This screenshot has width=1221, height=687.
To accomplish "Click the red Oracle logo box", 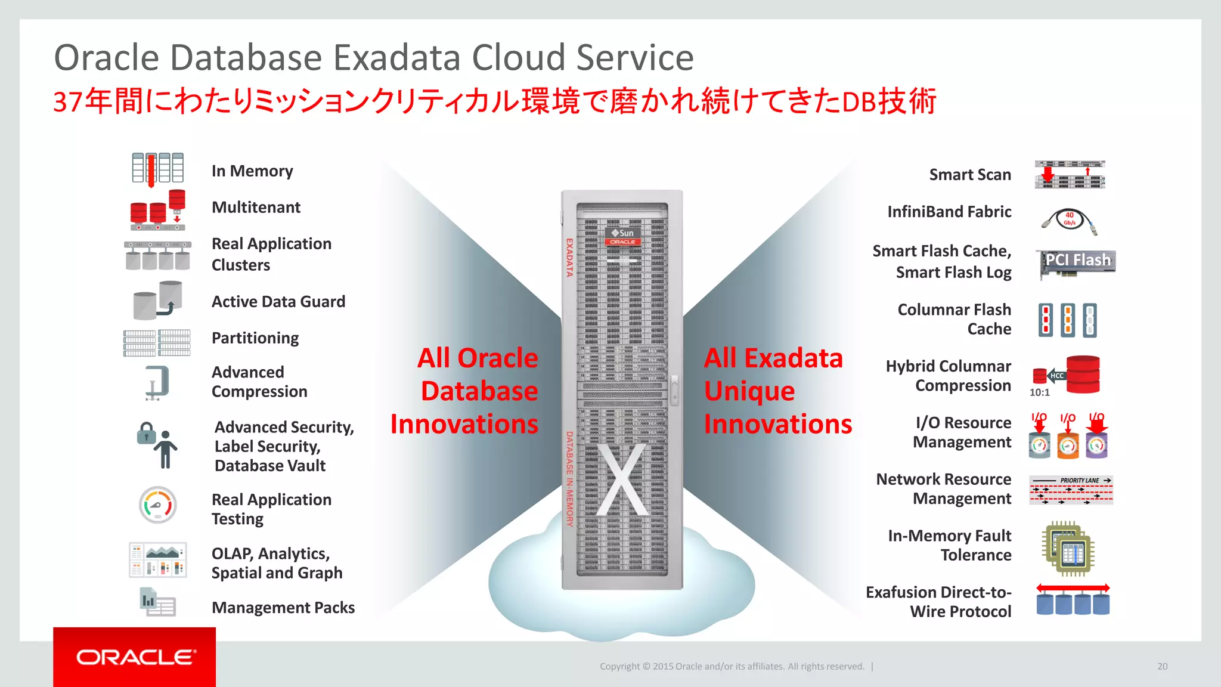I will (x=134, y=657).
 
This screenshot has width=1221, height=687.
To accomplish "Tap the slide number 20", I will (x=1162, y=666).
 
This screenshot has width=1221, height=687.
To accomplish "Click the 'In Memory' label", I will (x=252, y=171).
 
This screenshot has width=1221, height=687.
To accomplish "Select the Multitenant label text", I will (x=256, y=208).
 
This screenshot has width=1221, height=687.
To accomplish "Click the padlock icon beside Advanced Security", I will (x=145, y=434).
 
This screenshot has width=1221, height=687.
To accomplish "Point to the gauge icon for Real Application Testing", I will (x=157, y=505).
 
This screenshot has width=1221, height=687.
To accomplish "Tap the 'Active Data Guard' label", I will (x=278, y=302).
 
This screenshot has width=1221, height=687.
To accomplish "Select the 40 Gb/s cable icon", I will (x=1070, y=221).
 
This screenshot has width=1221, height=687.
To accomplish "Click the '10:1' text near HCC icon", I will (x=1039, y=392).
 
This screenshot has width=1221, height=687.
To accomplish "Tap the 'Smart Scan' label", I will (x=969, y=175).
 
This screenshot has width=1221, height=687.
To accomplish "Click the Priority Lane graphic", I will (x=1071, y=490).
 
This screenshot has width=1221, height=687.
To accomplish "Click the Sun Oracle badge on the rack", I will (x=622, y=236).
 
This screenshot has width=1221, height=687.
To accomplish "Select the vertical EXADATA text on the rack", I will (x=569, y=258).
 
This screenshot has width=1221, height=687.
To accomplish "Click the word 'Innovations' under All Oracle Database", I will (x=464, y=424).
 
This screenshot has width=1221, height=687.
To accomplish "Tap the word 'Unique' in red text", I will (x=749, y=391).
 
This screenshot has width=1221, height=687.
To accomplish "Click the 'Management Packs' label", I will (x=283, y=608).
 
